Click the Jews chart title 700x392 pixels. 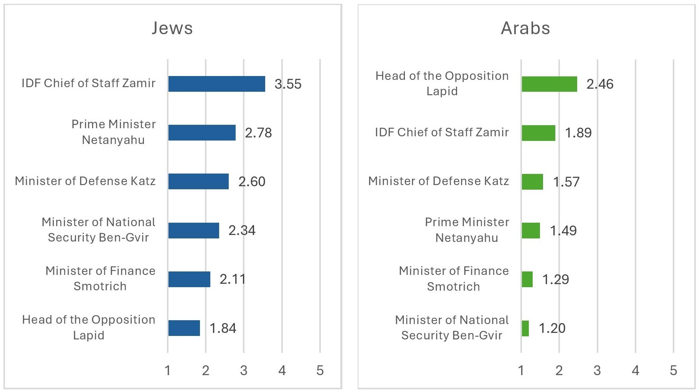pyautogui.click(x=172, y=28)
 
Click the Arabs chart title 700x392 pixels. pyautogui.click(x=525, y=28)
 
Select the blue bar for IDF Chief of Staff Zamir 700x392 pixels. pyautogui.click(x=216, y=84)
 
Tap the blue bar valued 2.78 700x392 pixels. pyautogui.click(x=202, y=132)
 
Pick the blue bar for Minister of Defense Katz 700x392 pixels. pyautogui.click(x=198, y=181)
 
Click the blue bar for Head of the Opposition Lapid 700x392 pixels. pyautogui.click(x=184, y=328)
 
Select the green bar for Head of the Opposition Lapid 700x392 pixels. pyautogui.click(x=549, y=84)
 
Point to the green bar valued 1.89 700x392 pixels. pyautogui.click(x=538, y=133)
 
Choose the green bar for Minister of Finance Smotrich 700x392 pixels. pyautogui.click(x=527, y=279)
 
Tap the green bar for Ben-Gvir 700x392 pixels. pyautogui.click(x=525, y=328)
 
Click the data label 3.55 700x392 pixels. pyautogui.click(x=288, y=84)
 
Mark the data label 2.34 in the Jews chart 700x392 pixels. pyautogui.click(x=242, y=230)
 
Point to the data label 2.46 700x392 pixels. pyautogui.click(x=600, y=84)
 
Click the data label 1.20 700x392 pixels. pyautogui.click(x=552, y=328)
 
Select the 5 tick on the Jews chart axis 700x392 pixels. pyautogui.click(x=320, y=370)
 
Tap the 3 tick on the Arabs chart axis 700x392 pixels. pyautogui.click(x=597, y=370)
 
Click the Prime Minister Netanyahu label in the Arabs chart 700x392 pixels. pyautogui.click(x=467, y=230)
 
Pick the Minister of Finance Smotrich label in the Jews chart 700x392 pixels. pyautogui.click(x=100, y=278)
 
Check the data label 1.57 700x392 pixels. pyautogui.click(x=566, y=182)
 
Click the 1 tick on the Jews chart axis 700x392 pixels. pyautogui.click(x=168, y=370)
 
